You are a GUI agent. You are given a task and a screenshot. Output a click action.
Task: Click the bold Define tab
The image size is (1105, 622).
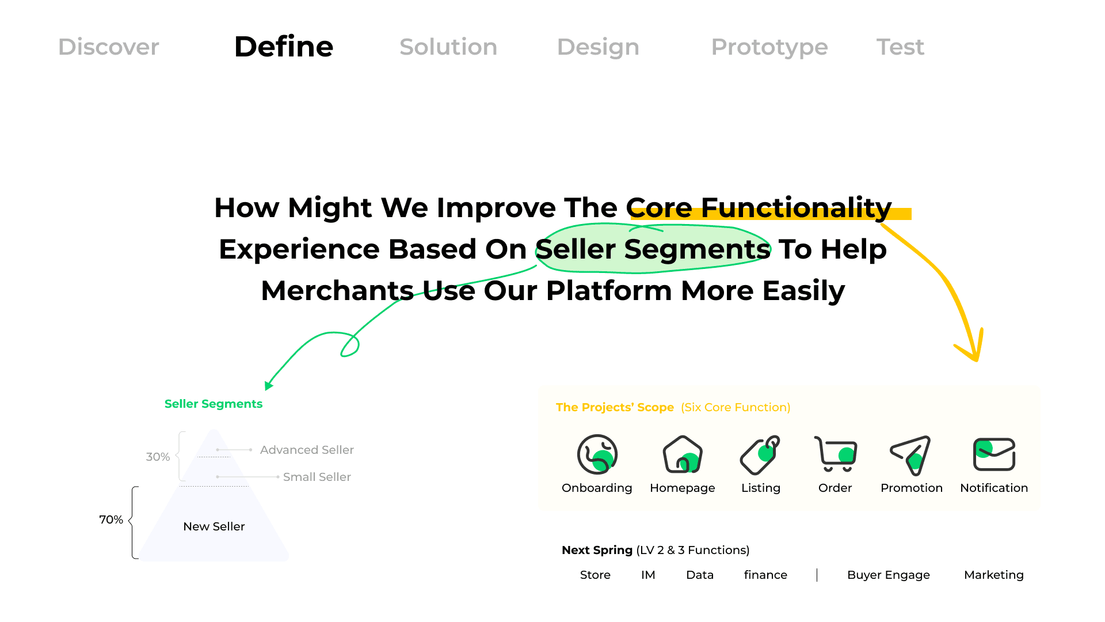coord(284,47)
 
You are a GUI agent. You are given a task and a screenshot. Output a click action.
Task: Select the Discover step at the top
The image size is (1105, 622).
coord(109,47)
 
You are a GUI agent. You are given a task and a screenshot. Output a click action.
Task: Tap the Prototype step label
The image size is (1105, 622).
coord(769,47)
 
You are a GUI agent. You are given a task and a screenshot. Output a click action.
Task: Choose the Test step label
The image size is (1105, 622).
coord(900,47)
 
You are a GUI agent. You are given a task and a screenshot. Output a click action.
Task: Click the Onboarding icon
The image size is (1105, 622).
coord(597,454)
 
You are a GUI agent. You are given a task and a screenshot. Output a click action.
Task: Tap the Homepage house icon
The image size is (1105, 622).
coord(683,454)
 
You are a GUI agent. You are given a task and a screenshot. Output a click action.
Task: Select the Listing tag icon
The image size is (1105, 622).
coord(760,455)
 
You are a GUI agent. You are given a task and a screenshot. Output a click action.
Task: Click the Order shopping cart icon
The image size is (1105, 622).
coord(836,454)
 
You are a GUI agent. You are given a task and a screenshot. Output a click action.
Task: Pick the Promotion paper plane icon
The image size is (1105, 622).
coord(910,455)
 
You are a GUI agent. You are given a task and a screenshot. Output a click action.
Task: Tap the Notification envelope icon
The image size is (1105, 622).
coord(994,454)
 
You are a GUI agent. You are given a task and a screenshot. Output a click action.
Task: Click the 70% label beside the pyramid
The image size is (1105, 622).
coord(111,519)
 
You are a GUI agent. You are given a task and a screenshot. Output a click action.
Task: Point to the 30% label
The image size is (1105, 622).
coord(158,457)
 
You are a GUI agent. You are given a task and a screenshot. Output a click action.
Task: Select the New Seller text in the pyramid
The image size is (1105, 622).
coord(214,526)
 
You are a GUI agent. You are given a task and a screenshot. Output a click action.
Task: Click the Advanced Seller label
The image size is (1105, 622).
coord(307,450)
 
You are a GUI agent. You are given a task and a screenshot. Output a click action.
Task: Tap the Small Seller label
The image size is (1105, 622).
coord(317,477)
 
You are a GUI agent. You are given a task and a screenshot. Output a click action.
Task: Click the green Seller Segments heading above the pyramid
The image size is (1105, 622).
coord(214,404)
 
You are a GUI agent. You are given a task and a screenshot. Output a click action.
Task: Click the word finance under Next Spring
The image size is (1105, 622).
coord(765,575)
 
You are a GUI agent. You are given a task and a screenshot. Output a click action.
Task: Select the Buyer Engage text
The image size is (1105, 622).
coord(889,575)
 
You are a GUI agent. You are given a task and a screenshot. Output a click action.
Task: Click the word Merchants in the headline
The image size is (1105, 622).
coord(337,290)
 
